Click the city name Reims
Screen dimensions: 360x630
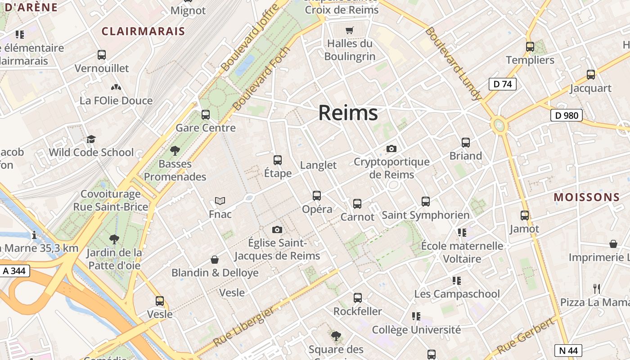click(x=348, y=112)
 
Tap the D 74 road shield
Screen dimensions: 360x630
click(x=502, y=84)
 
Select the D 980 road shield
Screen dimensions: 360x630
click(x=567, y=116)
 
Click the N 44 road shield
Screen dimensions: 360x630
click(x=568, y=351)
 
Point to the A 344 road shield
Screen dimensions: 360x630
click(x=15, y=271)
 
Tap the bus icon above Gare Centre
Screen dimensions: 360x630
click(x=206, y=114)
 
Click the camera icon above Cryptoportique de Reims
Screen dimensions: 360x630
click(x=391, y=148)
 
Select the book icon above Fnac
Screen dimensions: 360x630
click(x=220, y=201)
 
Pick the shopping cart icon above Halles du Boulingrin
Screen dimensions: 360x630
click(x=350, y=31)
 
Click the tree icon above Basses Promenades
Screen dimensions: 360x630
click(x=175, y=151)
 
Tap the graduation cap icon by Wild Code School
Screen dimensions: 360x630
click(x=91, y=139)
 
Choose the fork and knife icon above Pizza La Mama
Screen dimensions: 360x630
click(x=597, y=288)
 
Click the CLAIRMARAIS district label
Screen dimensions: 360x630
click(x=143, y=31)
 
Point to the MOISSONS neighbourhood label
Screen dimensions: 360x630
click(x=587, y=197)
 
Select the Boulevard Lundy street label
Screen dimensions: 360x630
click(x=453, y=63)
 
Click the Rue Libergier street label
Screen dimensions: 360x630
click(x=243, y=326)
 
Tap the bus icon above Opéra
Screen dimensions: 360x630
click(x=317, y=196)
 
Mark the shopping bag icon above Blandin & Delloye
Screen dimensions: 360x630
click(x=215, y=260)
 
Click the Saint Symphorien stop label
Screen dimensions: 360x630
click(x=425, y=216)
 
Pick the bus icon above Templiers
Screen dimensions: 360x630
click(x=530, y=46)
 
